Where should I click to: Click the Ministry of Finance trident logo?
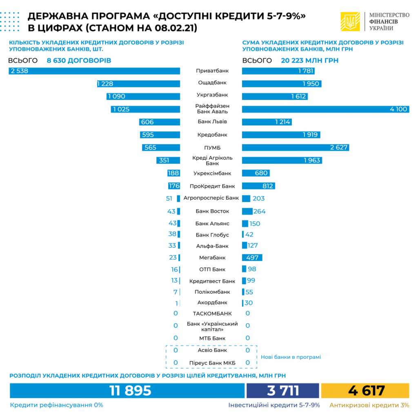(350, 22)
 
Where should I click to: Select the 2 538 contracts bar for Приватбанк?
(94, 71)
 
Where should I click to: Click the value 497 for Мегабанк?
(252, 258)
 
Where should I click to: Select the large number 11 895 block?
(127, 391)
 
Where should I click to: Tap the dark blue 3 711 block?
(282, 391)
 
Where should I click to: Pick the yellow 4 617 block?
(365, 391)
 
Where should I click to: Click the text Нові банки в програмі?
(291, 357)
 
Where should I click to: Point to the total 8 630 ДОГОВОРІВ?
(79, 60)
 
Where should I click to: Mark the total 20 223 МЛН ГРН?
(309, 60)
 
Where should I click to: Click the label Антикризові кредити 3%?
(369, 405)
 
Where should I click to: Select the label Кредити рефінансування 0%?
(56, 405)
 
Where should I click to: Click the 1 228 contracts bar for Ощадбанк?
(138, 84)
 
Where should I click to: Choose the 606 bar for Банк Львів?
(160, 122)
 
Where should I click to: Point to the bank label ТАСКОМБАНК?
(212, 313)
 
